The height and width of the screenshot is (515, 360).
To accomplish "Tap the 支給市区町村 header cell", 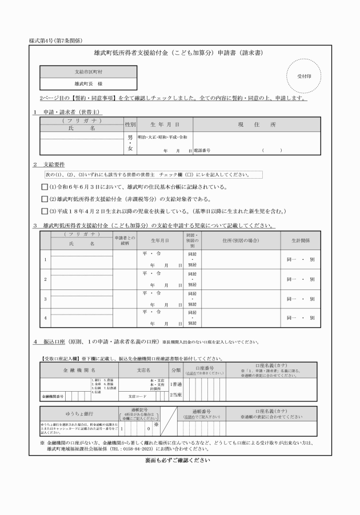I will tap(89, 72).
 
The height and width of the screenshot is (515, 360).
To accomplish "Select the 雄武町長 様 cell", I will tap(89, 84).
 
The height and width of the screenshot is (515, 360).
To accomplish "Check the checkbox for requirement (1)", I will tap(45, 187).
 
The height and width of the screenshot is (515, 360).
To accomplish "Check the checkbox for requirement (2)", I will tap(45, 199).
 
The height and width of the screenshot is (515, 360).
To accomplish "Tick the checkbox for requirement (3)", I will tap(45, 211).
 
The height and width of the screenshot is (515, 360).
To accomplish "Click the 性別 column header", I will tap(130, 124).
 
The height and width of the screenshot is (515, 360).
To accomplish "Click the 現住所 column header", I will tap(249, 124).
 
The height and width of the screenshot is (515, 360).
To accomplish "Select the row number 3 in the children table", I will tap(45, 299).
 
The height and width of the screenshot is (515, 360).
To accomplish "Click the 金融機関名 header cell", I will tap(79, 370).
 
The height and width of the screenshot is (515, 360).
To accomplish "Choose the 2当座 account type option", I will tap(176, 395).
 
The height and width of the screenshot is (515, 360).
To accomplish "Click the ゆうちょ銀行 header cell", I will tap(79, 413).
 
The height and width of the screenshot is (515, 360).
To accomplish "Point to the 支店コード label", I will tap(137, 395).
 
